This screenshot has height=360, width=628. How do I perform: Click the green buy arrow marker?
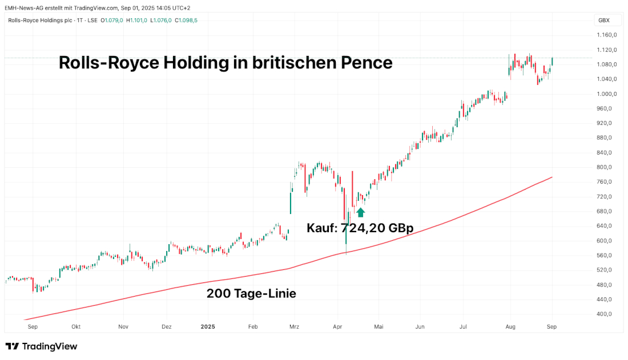point(360,212)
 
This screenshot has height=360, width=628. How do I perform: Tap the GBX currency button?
point(603,20)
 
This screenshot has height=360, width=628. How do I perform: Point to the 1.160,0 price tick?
point(604,35)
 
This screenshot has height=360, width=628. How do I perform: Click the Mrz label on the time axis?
point(294,327)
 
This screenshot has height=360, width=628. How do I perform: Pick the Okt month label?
point(77,327)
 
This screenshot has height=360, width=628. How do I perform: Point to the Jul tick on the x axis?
point(463,327)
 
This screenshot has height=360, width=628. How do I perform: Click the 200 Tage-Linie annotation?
point(251,294)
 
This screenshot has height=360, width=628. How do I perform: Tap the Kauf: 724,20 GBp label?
point(360,228)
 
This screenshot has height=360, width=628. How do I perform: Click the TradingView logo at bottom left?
point(41,346)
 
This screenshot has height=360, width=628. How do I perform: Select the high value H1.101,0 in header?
point(137,21)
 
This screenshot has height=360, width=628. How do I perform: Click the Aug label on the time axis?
point(510,327)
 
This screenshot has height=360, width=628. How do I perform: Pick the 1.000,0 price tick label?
point(604,94)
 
